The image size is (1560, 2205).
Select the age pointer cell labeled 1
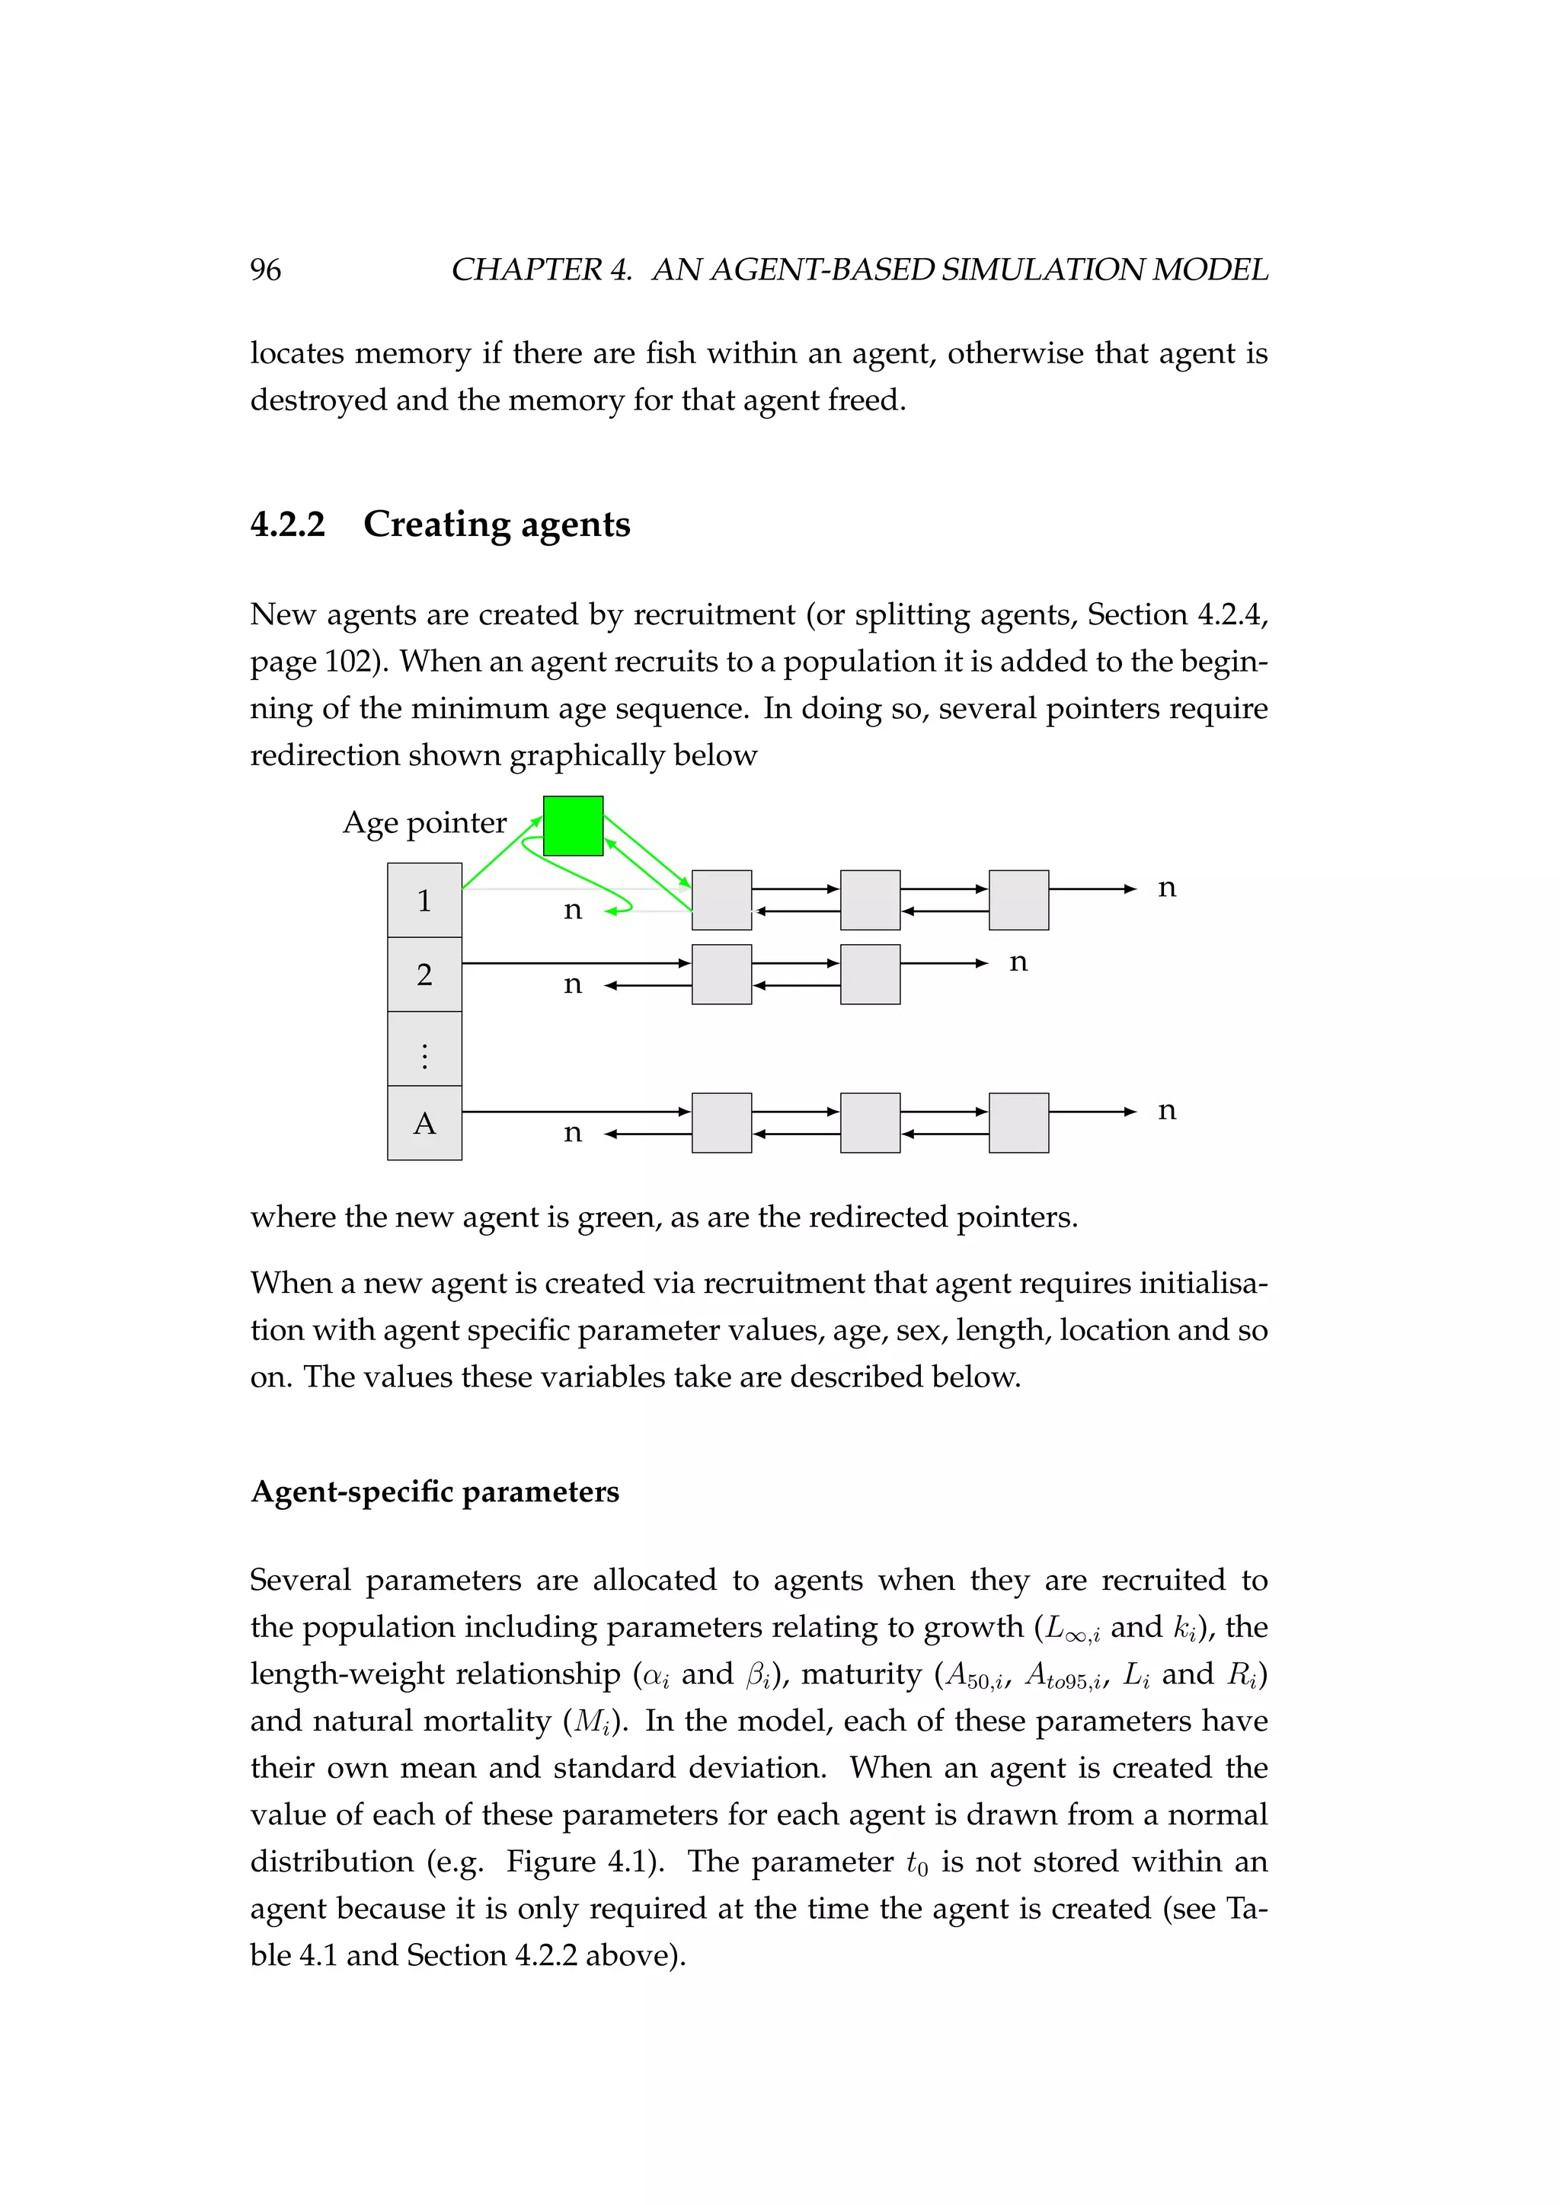point(424,900)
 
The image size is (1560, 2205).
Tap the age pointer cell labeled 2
point(424,974)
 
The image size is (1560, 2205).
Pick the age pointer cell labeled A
point(424,1122)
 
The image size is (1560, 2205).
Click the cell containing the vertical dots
point(424,1048)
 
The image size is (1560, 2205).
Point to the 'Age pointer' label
point(424,822)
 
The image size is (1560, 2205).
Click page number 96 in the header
point(265,270)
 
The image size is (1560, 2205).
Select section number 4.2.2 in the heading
point(287,525)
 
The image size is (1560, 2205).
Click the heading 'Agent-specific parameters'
point(434,1492)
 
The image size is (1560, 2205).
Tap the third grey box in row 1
point(1018,900)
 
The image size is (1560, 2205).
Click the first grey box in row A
point(721,1122)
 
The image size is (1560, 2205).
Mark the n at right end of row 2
point(1018,962)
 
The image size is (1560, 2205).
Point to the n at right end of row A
point(1166,1110)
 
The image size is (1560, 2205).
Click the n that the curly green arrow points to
point(573,909)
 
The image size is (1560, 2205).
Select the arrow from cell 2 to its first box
point(577,963)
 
